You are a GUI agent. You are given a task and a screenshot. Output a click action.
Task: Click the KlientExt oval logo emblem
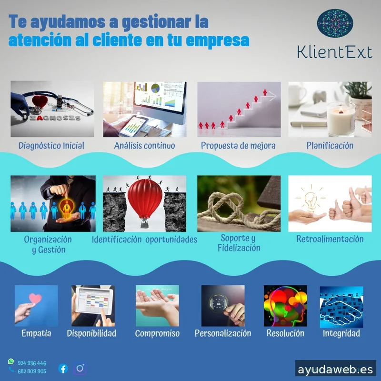click(335, 24)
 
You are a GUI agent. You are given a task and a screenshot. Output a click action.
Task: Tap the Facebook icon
click(63, 368)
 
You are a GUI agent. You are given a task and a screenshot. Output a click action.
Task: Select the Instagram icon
click(80, 368)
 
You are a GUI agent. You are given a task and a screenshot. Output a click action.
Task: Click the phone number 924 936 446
click(32, 363)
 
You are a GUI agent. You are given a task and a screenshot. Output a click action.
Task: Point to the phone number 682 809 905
click(32, 371)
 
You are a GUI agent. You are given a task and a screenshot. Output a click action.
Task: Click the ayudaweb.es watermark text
click(335, 370)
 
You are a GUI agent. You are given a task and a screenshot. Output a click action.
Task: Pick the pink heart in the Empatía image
click(35, 299)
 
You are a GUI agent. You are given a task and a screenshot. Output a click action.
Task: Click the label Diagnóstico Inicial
click(51, 146)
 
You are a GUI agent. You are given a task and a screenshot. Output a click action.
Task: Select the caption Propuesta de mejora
click(238, 146)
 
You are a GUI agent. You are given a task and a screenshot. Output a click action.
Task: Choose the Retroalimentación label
click(330, 239)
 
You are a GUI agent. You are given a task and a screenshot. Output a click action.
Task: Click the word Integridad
click(341, 333)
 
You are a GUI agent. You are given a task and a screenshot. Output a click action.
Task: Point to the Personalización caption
click(222, 333)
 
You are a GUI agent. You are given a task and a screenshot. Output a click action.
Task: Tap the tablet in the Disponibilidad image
click(93, 300)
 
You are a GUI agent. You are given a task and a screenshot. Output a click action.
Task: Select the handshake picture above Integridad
click(341, 306)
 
